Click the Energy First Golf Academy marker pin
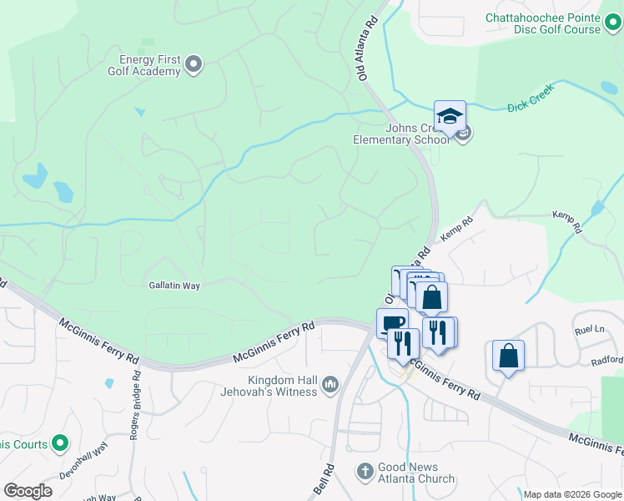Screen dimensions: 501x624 point(194,63)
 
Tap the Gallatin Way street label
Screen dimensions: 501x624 point(174,286)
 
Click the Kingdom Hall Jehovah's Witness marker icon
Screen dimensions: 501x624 point(330,384)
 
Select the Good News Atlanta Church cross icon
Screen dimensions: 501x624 point(365,472)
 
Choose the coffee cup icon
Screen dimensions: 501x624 point(392,322)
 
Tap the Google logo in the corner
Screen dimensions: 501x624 point(28,491)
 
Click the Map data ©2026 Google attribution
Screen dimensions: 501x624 point(572,494)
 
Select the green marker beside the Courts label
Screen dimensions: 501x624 point(60,443)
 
